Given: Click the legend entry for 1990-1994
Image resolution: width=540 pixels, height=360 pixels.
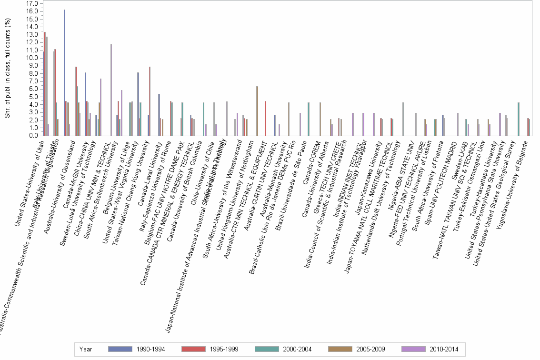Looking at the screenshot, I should [137, 349].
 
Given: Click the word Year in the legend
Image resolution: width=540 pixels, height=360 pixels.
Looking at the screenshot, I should [86, 349].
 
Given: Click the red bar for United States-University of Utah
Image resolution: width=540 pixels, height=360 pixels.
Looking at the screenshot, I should [45, 84].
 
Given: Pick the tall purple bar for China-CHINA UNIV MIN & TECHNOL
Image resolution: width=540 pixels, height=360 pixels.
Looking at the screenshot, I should [111, 90].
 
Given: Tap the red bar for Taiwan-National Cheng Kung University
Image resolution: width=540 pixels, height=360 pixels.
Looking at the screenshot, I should [150, 101].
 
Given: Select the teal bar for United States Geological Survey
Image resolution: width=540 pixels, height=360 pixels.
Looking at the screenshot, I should [518, 119].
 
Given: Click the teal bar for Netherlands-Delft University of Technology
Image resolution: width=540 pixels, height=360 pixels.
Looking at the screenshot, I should [403, 119].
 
